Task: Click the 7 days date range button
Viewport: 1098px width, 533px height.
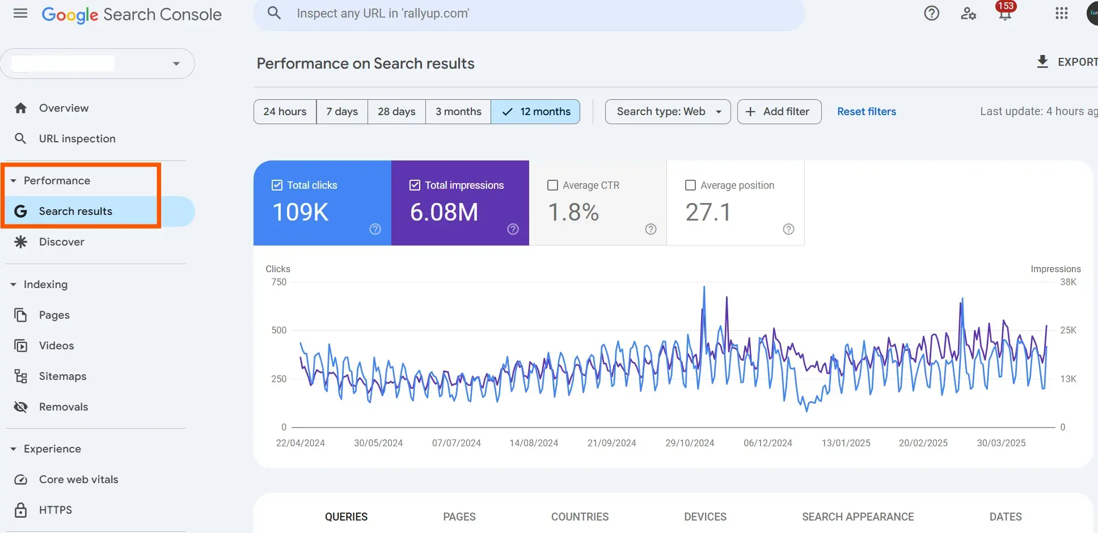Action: (342, 112)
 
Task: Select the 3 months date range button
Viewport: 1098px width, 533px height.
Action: (458, 112)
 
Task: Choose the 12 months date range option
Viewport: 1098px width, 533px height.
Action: (535, 112)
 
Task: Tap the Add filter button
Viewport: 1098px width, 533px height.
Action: (779, 112)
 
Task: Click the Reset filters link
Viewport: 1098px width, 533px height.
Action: (867, 112)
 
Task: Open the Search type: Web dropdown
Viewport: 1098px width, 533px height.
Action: (668, 112)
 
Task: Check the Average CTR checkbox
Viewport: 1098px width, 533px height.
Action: (552, 185)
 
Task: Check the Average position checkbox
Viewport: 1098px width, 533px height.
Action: (690, 185)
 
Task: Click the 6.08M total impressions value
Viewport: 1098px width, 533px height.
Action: (444, 213)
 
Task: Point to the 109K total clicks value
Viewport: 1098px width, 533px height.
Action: (301, 213)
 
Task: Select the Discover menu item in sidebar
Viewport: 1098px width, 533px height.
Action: (61, 242)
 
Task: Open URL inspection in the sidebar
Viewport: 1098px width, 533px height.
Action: (77, 139)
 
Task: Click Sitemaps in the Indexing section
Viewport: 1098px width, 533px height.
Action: (62, 377)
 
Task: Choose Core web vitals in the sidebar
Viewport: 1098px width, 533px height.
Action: (78, 480)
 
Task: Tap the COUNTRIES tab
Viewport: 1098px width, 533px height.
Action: (580, 517)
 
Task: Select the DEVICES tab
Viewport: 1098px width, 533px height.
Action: (705, 517)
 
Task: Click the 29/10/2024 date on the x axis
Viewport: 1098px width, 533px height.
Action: (690, 443)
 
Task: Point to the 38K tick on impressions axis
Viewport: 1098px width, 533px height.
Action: (1068, 282)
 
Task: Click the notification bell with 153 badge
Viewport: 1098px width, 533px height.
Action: (1005, 14)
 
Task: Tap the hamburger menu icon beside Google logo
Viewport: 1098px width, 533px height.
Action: (20, 14)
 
